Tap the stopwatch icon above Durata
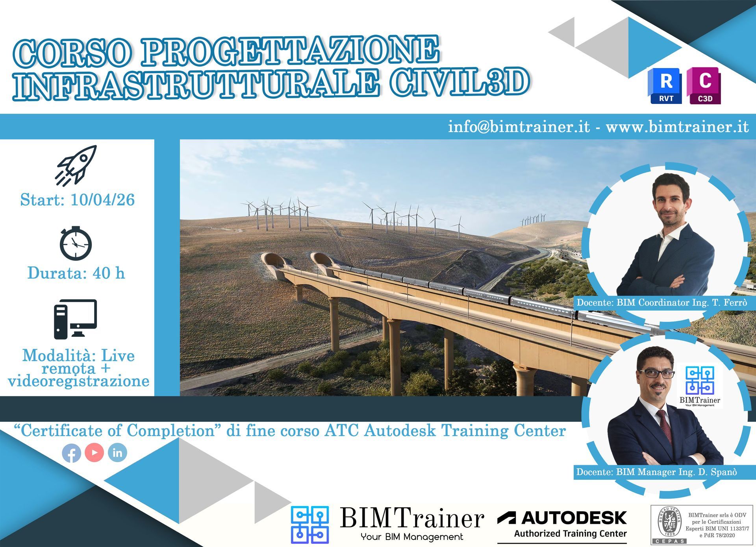click(76, 244)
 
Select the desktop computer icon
click(76, 319)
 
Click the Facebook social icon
click(72, 453)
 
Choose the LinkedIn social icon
click(117, 453)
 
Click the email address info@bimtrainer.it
click(519, 127)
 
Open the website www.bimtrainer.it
click(677, 127)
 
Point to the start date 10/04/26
click(102, 200)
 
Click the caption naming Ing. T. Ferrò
click(661, 303)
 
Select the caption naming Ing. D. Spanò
click(656, 472)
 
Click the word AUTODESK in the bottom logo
click(574, 518)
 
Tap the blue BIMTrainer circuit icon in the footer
click(309, 525)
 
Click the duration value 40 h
click(109, 273)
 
